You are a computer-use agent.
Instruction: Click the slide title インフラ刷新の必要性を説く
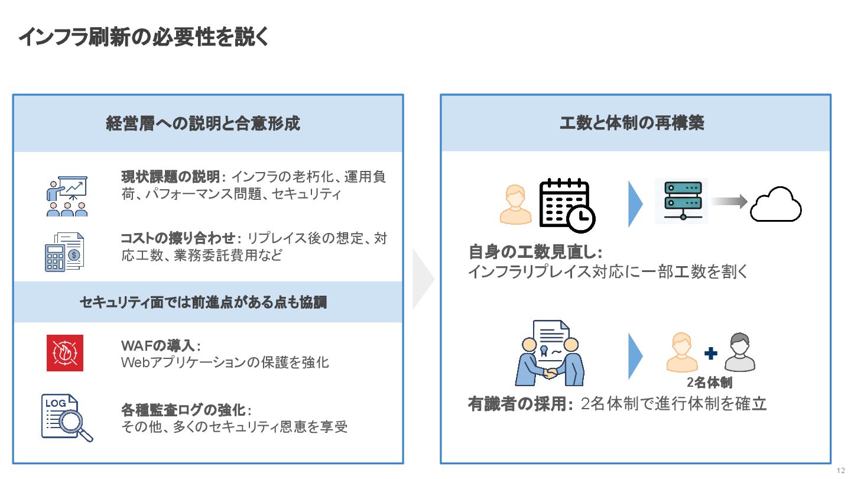pyautogui.click(x=144, y=37)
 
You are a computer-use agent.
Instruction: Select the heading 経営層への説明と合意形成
pyautogui.click(x=203, y=123)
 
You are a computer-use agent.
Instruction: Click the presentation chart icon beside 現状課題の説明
pyautogui.click(x=67, y=196)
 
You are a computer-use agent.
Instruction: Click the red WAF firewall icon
pyautogui.click(x=65, y=353)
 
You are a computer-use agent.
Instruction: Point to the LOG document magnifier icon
pyautogui.click(x=67, y=417)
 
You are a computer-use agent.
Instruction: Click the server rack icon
pyautogui.click(x=682, y=202)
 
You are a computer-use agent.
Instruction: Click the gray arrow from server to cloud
pyautogui.click(x=729, y=202)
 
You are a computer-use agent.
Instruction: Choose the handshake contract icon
pyautogui.click(x=549, y=353)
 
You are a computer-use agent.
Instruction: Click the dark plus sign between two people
pyautogui.click(x=711, y=353)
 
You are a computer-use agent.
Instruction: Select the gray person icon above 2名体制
pyautogui.click(x=740, y=352)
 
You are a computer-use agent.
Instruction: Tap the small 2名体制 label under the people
pyautogui.click(x=709, y=383)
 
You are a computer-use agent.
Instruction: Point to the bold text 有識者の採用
pyautogui.click(x=521, y=404)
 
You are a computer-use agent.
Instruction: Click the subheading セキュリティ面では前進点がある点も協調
pyautogui.click(x=203, y=302)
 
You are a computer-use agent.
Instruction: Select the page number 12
pyautogui.click(x=841, y=471)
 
